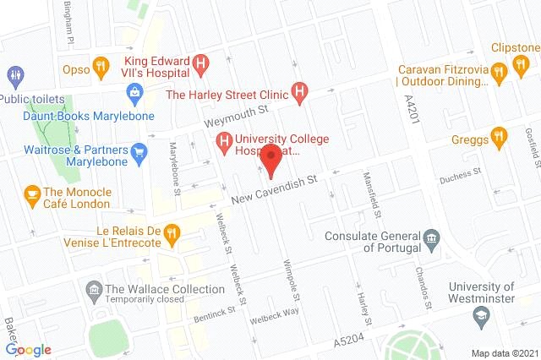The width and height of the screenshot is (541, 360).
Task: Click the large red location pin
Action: click(x=270, y=159)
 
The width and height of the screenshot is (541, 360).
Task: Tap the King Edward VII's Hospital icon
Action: click(x=200, y=63)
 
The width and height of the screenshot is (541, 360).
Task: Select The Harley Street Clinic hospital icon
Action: click(x=298, y=90)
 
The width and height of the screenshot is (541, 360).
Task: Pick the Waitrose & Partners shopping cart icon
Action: click(x=139, y=152)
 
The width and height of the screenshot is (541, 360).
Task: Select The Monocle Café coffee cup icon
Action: click(x=32, y=195)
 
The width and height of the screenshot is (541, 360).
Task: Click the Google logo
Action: click(x=28, y=350)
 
